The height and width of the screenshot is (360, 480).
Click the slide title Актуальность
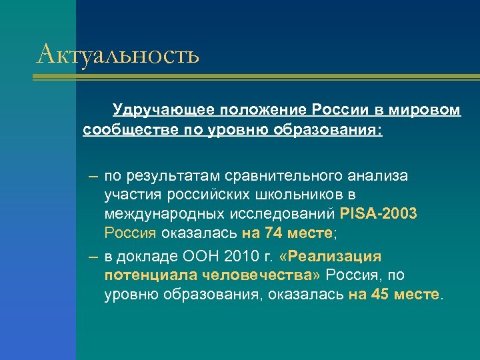[x=118, y=53]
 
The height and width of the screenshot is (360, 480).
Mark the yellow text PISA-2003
[x=379, y=215]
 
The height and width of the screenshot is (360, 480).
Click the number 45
[x=379, y=295]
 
